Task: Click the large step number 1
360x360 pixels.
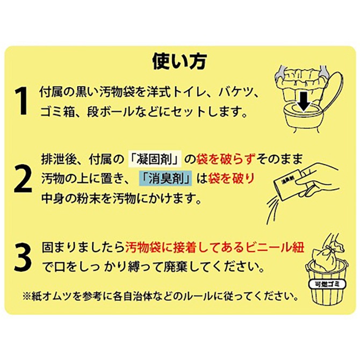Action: point(21,102)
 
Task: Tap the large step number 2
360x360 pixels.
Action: point(22,181)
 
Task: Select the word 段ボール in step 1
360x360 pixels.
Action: point(116,113)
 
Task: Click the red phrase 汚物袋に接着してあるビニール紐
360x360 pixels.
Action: point(215,248)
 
